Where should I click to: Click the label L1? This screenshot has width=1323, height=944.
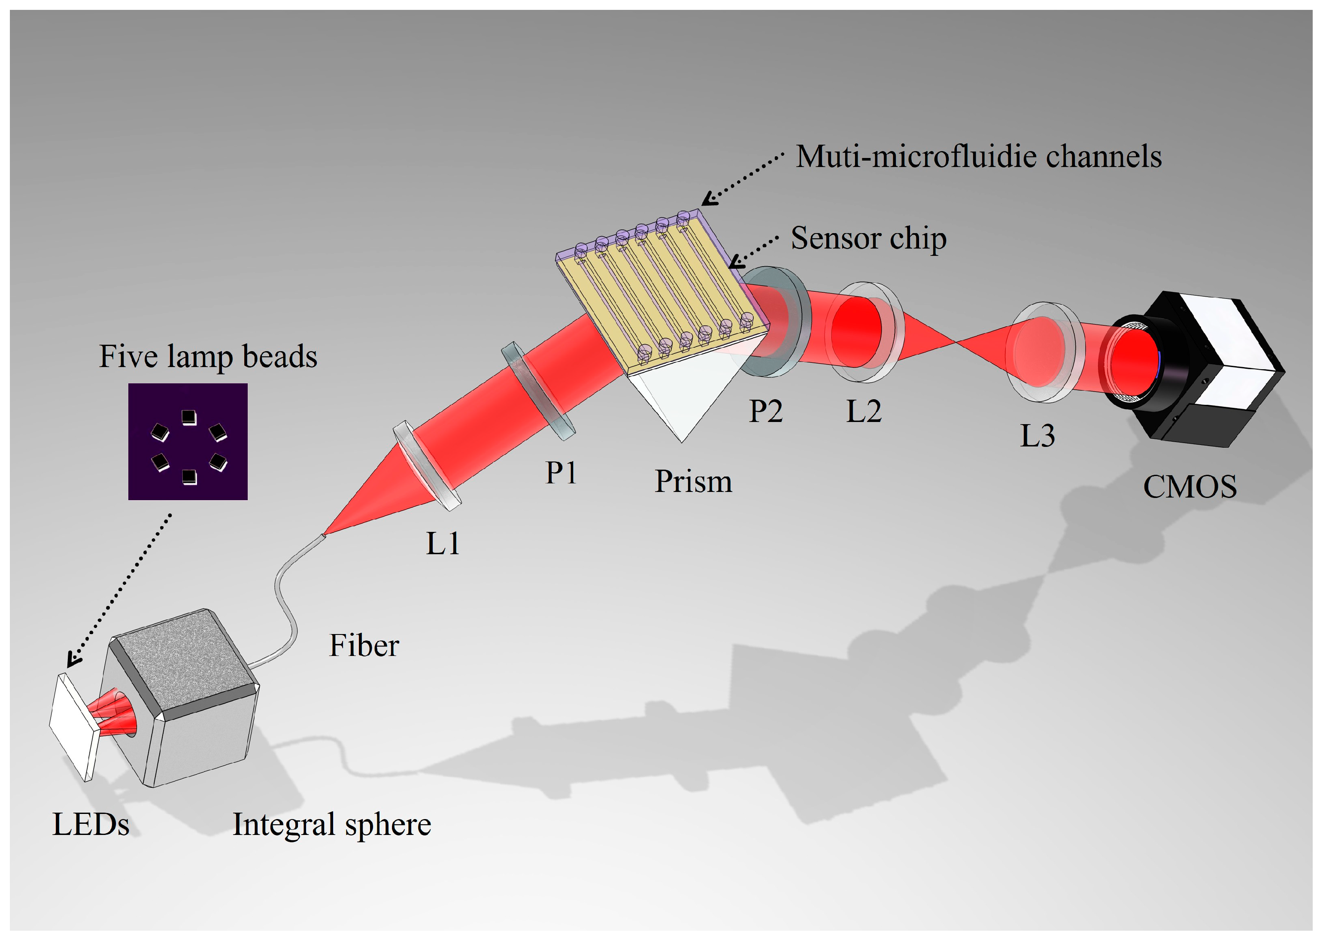(x=443, y=544)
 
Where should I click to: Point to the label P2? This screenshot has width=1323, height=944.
(x=765, y=412)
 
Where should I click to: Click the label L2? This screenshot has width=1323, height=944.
(x=863, y=412)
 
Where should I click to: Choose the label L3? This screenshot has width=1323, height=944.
(x=1037, y=436)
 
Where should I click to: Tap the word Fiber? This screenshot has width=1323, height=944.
(x=364, y=646)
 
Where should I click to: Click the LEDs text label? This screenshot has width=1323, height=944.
(x=91, y=824)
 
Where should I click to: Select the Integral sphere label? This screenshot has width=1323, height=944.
(x=332, y=824)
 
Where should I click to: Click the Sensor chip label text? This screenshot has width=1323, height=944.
(x=868, y=238)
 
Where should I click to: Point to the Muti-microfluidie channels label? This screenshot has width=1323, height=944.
(x=978, y=157)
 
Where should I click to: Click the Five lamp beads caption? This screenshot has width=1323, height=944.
(x=208, y=356)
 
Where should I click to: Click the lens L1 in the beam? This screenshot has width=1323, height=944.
(x=427, y=467)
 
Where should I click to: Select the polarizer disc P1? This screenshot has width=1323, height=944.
(x=538, y=391)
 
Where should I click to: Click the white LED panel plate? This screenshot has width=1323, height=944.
(x=73, y=727)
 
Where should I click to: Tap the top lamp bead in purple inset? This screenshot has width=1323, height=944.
(x=189, y=417)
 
